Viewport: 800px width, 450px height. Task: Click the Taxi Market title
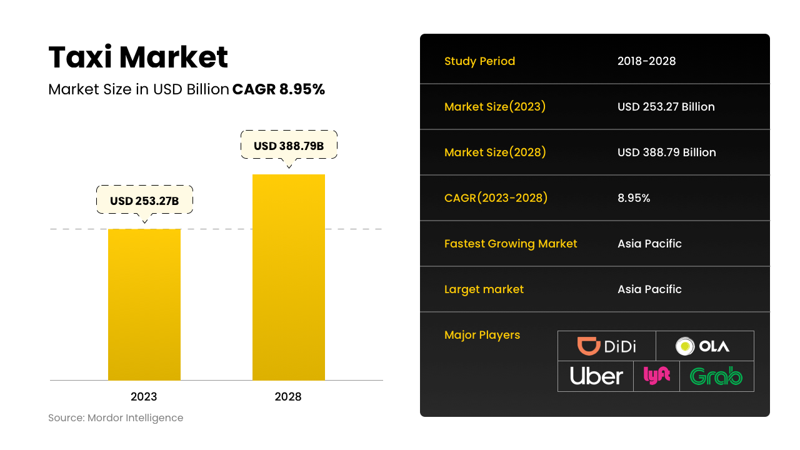tap(138, 57)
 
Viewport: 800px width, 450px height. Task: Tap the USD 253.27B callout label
tap(144, 201)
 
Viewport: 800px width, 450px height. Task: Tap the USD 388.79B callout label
tap(289, 146)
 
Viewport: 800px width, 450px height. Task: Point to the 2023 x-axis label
tap(144, 397)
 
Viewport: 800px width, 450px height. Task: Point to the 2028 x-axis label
tap(288, 397)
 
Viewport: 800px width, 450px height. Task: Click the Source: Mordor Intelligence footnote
tap(116, 418)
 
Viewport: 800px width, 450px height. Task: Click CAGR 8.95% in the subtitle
tap(279, 89)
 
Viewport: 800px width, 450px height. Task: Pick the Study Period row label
tap(479, 61)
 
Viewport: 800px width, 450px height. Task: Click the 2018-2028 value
tap(646, 61)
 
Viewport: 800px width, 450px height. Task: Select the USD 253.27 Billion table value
tap(666, 107)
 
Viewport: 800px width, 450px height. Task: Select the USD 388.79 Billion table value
tap(666, 152)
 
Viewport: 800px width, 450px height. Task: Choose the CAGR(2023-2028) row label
tap(496, 198)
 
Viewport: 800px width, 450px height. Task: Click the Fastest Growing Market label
tap(511, 244)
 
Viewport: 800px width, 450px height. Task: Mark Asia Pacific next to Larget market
tap(649, 289)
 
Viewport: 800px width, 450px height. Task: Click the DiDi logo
tap(606, 346)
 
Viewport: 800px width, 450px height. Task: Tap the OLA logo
tap(704, 346)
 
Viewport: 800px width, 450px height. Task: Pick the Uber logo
tap(596, 376)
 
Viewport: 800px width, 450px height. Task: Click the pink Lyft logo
tap(656, 376)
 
